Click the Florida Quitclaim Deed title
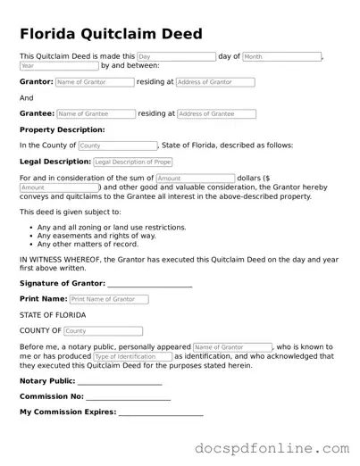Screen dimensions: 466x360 pyautogui.click(x=111, y=34)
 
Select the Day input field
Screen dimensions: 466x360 pyautogui.click(x=175, y=56)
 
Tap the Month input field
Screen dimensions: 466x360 pyautogui.click(x=280, y=56)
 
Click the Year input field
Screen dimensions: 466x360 pyautogui.click(x=58, y=66)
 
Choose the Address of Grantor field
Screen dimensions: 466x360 pyautogui.click(x=215, y=82)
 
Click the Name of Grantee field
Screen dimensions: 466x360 pyautogui.click(x=96, y=114)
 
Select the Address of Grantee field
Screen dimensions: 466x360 pyautogui.click(x=216, y=114)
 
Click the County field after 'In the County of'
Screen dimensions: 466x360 pyautogui.click(x=117, y=146)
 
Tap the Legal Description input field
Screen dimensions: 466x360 pyautogui.click(x=133, y=162)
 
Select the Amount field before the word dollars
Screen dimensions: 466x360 pyautogui.click(x=195, y=179)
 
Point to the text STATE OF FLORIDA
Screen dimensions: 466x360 pyautogui.click(x=53, y=315)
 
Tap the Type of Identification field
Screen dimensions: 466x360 pyautogui.click(x=132, y=356)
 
